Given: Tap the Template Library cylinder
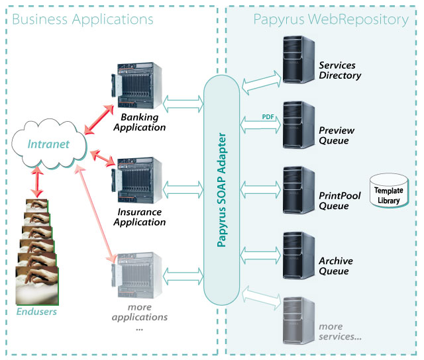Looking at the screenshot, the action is click(389, 191).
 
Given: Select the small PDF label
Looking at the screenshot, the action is click(268, 117).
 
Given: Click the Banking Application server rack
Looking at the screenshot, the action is click(137, 85).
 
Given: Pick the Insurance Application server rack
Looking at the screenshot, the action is click(137, 180).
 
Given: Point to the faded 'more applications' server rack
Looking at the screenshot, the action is click(137, 275).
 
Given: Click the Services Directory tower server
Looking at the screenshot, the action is click(299, 60).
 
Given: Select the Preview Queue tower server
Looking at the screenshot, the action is click(299, 125).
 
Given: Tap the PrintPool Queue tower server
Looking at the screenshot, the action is click(299, 191).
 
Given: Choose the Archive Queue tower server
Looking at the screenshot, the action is click(299, 255).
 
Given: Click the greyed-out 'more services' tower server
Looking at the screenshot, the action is click(299, 321).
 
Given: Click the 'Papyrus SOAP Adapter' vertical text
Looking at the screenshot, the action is click(222, 190).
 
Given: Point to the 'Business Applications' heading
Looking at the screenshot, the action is click(83, 20).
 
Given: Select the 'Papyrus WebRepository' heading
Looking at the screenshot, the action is click(331, 20).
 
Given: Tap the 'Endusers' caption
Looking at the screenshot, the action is click(36, 312).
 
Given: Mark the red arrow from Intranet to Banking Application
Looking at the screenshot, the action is click(99, 119).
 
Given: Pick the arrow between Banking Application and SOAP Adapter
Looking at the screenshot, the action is click(184, 104).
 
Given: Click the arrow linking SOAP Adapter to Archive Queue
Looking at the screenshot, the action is click(260, 255).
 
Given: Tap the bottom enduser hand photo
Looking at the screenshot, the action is click(37, 286).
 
